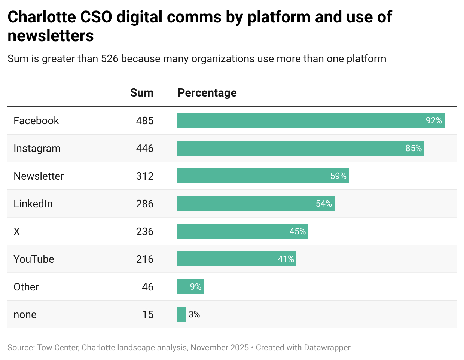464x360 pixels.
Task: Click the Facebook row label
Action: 36,120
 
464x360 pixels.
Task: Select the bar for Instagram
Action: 300,148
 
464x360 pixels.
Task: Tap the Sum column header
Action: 141,93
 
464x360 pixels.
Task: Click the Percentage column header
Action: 207,93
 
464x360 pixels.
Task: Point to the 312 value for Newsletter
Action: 145,176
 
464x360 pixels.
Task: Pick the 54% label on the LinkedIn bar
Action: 324,204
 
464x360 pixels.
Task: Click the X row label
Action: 17,231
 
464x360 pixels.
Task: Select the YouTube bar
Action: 236,259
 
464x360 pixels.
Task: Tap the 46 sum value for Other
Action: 147,287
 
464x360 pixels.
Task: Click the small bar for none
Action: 182,314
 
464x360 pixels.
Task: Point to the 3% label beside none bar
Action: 194,314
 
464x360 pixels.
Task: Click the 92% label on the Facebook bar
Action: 434,120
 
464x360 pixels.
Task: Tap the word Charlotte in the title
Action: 42,17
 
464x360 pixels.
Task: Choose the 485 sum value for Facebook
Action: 145,120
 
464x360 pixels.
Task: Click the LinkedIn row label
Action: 33,204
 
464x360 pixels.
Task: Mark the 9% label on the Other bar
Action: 196,287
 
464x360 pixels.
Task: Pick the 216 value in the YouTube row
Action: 145,259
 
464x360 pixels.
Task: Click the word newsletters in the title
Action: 51,36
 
